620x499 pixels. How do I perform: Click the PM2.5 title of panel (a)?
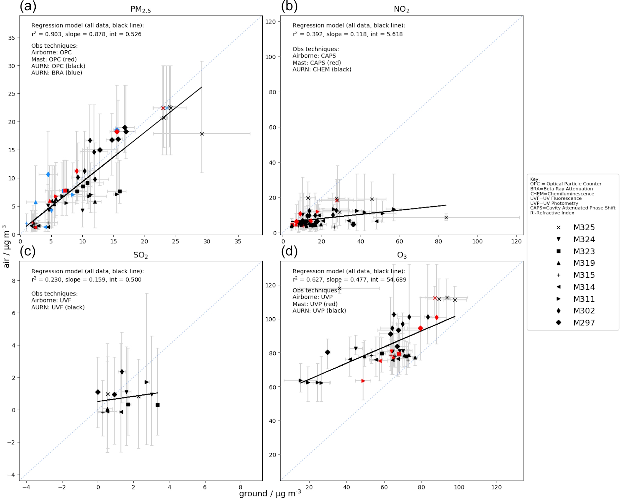(141, 9)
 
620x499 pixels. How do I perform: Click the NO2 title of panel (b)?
(401, 9)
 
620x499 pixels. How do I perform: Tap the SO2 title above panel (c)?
(141, 255)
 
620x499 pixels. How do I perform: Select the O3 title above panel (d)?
(401, 255)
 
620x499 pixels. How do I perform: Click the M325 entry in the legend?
(584, 228)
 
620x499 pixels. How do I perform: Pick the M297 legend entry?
(584, 323)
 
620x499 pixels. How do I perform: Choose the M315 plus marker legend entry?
(584, 275)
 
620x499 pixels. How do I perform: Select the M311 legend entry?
(584, 299)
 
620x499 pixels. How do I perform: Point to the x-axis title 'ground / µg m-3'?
(270, 494)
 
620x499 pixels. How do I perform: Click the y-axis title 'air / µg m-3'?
(6, 246)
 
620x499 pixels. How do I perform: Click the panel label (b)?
(289, 6)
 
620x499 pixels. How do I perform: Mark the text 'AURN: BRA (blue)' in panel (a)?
(57, 73)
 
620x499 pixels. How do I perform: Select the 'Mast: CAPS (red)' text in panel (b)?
(316, 63)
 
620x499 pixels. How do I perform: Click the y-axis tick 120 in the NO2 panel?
(271, 22)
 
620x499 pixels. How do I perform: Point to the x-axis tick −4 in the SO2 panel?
(26, 487)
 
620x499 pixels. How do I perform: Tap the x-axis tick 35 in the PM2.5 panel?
(238, 242)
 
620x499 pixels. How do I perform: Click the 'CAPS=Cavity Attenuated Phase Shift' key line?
(573, 208)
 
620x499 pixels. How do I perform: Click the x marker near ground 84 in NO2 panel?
(446, 217)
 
